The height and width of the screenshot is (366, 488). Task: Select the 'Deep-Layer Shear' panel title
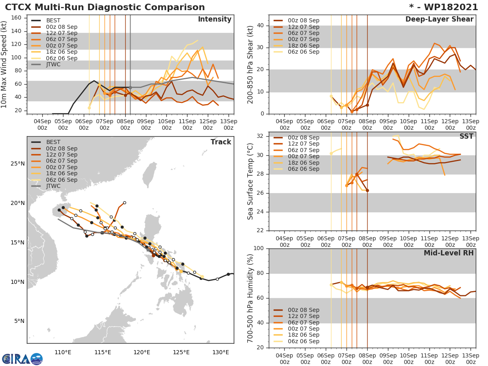point(439,20)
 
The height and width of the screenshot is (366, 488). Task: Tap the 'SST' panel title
point(466,136)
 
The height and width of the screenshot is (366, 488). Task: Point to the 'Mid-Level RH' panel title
point(449,253)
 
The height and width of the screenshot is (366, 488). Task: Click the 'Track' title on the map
point(220,142)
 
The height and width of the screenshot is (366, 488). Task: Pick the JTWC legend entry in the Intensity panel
point(53,64)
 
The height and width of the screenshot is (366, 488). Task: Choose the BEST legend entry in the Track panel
point(53,142)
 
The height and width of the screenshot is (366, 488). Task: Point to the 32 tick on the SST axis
point(260,136)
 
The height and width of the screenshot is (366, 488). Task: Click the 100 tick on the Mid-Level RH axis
point(258,248)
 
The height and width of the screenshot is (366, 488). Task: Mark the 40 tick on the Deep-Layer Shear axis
point(260,26)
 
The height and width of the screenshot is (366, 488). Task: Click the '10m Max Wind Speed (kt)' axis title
point(4,65)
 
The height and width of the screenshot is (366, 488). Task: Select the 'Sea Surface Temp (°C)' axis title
point(251,181)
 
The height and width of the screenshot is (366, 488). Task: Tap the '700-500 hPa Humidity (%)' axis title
point(251,298)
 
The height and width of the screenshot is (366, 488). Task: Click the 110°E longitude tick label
point(63,352)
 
